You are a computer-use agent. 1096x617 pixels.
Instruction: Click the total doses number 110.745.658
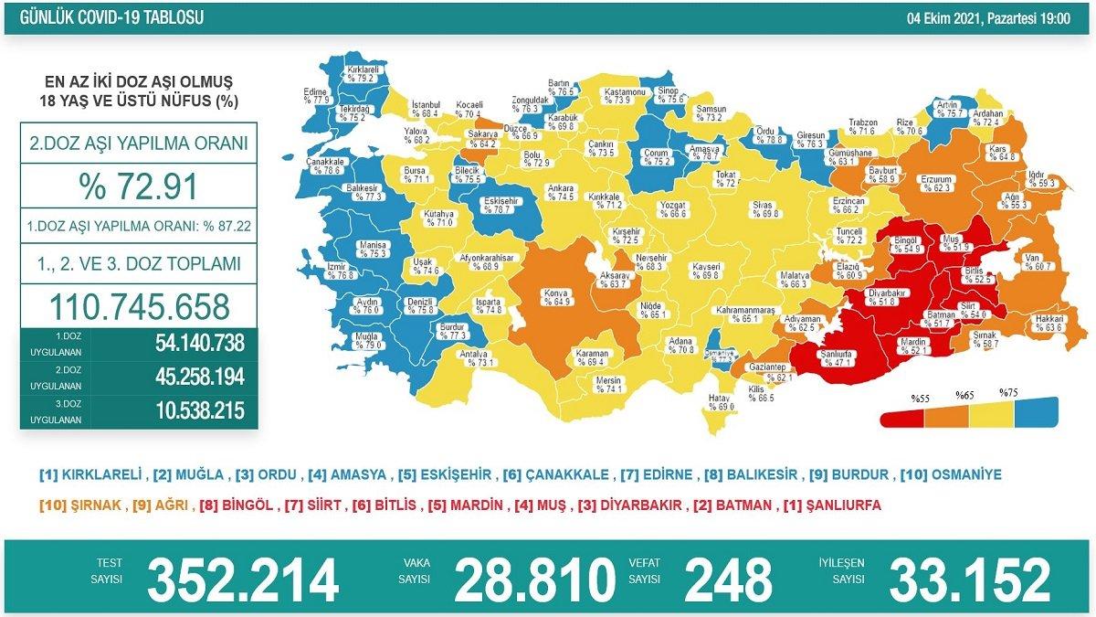(138, 305)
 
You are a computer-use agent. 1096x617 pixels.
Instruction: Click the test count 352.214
(243, 579)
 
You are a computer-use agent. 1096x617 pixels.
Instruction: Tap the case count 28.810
(535, 579)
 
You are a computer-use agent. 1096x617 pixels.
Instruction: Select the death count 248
(727, 579)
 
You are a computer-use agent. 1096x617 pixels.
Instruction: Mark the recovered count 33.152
(970, 579)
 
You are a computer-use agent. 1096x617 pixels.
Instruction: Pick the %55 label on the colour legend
(919, 398)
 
